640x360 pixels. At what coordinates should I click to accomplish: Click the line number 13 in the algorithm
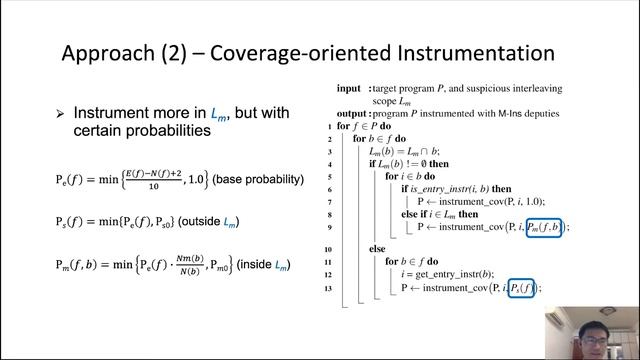point(328,288)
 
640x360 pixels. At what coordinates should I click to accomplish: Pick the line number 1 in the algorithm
point(330,127)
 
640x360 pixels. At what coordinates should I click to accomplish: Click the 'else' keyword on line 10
point(377,247)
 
